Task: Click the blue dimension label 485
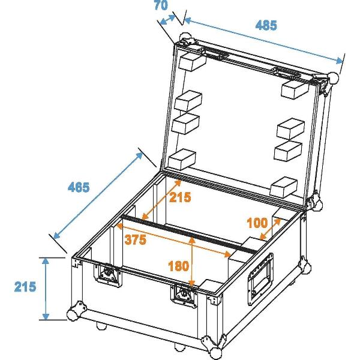(266, 25)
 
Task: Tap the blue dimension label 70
(161, 5)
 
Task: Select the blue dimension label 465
(79, 187)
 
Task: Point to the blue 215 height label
(25, 287)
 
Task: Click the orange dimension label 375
(136, 240)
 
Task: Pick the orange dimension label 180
(178, 266)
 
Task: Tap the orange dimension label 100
(257, 223)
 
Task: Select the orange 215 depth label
(180, 197)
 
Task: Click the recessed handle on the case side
(260, 279)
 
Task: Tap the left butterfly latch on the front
(107, 275)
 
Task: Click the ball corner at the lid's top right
(333, 78)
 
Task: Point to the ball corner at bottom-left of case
(73, 314)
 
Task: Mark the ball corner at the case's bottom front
(216, 353)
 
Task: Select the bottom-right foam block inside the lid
(284, 187)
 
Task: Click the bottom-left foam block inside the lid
(182, 160)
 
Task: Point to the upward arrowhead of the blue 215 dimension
(46, 262)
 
